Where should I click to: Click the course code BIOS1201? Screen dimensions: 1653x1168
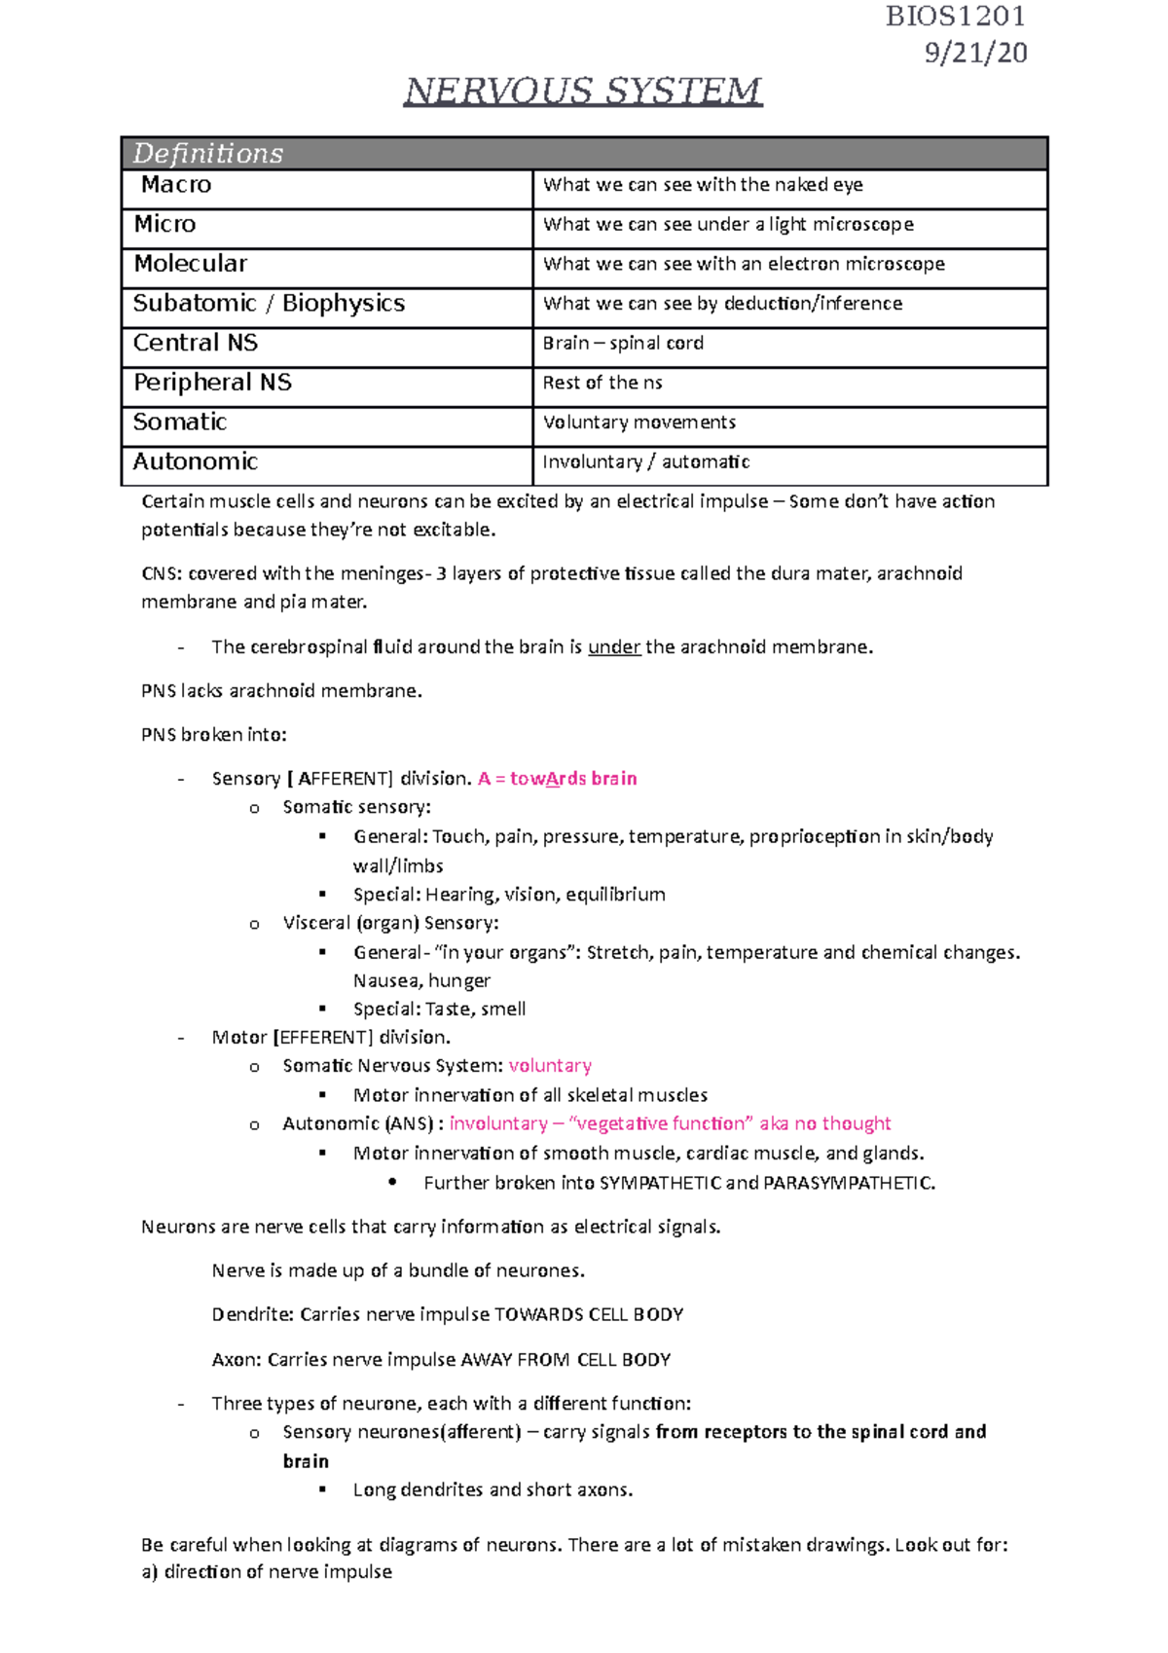(x=955, y=17)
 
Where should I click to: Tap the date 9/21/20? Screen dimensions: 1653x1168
(x=975, y=53)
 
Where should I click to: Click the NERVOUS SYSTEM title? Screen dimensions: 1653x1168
(x=583, y=92)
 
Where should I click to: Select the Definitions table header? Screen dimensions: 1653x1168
(x=208, y=154)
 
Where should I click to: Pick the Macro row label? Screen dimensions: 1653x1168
(x=176, y=185)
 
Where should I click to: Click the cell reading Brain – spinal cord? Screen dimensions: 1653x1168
(x=623, y=344)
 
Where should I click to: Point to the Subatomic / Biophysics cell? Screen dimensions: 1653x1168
(x=269, y=304)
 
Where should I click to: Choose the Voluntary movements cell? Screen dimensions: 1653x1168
(x=639, y=422)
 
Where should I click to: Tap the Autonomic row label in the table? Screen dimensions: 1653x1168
(x=196, y=461)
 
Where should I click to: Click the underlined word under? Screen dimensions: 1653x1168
(x=614, y=647)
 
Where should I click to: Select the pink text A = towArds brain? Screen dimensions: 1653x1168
(x=558, y=779)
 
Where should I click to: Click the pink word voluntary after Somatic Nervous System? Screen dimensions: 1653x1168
(x=550, y=1066)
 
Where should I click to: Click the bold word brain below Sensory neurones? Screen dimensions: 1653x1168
(x=306, y=1461)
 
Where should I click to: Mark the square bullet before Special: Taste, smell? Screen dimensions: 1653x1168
(x=323, y=1010)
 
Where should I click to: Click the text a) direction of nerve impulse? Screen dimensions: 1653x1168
(x=267, y=1572)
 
